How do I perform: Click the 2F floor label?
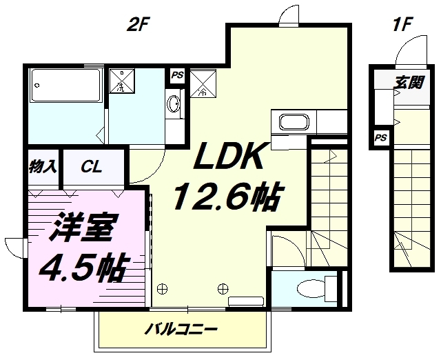click(x=137, y=25)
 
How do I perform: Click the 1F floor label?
click(x=402, y=25)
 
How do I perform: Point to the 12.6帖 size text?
click(x=227, y=196)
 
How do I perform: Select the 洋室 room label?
click(x=83, y=228)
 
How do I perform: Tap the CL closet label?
click(x=91, y=167)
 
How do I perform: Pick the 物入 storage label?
click(x=43, y=167)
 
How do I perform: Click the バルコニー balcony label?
click(x=181, y=329)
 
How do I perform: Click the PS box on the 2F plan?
click(x=178, y=75)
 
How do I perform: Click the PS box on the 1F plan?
click(x=381, y=138)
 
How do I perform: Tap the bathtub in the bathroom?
click(x=66, y=85)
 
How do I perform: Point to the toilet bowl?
click(x=311, y=288)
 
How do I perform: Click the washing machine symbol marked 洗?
click(x=122, y=81)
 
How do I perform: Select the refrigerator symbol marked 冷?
click(x=203, y=84)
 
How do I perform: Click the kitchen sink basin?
click(x=294, y=122)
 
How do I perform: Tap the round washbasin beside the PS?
click(x=173, y=104)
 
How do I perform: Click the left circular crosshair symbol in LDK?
click(x=163, y=288)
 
